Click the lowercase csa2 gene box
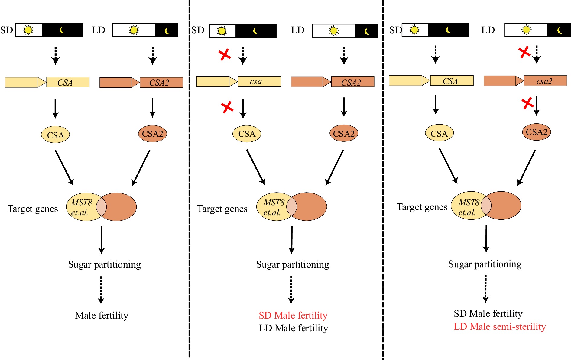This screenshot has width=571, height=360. (545, 81)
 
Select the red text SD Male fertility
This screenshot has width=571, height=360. (293, 315)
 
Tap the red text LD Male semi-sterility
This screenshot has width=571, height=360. (500, 326)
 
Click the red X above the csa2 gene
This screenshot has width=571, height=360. (524, 52)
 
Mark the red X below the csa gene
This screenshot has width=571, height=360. (227, 107)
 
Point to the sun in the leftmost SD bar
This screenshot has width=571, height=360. (28, 30)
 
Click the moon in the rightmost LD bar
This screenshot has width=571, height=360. (560, 30)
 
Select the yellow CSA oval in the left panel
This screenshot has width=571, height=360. (55, 135)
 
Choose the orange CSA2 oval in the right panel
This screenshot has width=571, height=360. (537, 132)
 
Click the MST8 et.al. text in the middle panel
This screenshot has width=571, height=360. (273, 207)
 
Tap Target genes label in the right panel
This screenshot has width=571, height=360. (422, 207)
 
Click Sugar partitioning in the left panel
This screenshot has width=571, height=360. (104, 264)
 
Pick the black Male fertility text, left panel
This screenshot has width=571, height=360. (102, 315)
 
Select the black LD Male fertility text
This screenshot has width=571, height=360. (293, 328)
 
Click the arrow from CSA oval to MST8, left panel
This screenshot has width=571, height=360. (64, 167)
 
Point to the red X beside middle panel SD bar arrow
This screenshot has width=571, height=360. (225, 55)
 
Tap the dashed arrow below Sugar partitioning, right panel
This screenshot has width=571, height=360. (485, 289)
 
